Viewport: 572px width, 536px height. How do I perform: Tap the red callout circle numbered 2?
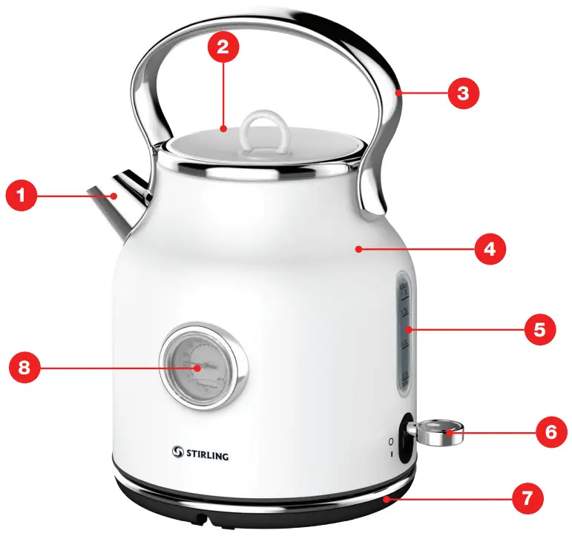click(223, 47)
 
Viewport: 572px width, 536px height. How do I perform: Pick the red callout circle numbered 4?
click(490, 249)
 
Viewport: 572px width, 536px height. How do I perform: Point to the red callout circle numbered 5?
click(539, 329)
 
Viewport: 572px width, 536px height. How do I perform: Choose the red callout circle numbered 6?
click(550, 431)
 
